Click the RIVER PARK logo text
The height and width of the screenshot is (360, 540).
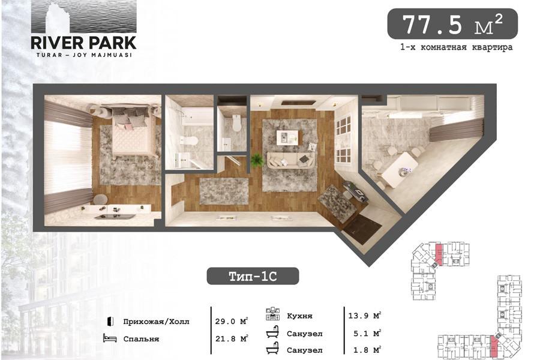tap(83, 43)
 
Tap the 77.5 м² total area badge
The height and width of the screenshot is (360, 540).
tap(452, 24)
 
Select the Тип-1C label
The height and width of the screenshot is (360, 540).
tap(253, 276)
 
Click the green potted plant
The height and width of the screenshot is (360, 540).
tap(256, 160)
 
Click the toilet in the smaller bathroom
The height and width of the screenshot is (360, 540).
tap(236, 122)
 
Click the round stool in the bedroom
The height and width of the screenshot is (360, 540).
tap(100, 199)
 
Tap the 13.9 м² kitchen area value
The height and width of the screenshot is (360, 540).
tap(364, 315)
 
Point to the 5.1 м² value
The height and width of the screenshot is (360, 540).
tap(367, 333)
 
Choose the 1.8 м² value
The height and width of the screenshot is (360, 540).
tap(367, 350)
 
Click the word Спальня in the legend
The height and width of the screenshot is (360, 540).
tap(141, 339)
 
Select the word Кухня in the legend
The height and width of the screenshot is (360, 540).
tap(299, 316)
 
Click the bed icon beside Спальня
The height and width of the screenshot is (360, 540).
tap(110, 338)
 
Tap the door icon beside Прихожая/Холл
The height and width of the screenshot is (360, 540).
tap(110, 321)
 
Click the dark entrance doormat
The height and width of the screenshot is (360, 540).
tap(362, 229)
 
